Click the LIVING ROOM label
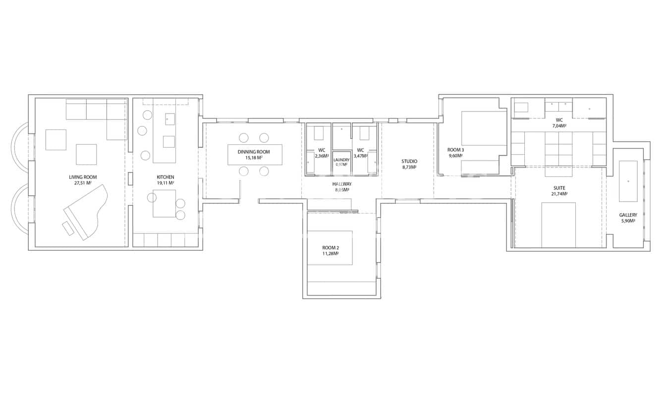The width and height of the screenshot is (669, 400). point(83,177)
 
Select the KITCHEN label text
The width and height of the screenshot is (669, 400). point(165,177)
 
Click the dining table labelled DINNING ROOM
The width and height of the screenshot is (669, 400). point(254,155)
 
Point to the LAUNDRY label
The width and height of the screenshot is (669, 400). point(341,160)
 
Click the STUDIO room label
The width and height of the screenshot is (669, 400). point(409,161)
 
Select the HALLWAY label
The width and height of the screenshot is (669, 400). point(342,184)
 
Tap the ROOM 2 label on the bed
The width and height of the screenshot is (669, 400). point(330,247)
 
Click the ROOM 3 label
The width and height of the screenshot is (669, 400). point(455,150)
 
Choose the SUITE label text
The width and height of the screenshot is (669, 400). point(559,188)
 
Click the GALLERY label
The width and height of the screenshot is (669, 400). point(627,215)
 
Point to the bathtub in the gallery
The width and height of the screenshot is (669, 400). point(628,181)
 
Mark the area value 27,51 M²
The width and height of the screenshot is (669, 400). point(83,183)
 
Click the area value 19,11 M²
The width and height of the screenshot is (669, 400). point(165,183)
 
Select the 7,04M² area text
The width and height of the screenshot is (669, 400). point(559,126)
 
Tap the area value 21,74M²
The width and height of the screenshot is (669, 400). point(559,194)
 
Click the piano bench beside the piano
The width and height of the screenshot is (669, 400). point(67,229)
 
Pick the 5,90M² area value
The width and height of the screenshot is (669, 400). point(627,221)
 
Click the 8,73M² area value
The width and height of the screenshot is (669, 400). point(409,167)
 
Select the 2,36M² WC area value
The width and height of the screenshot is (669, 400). point(322,156)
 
